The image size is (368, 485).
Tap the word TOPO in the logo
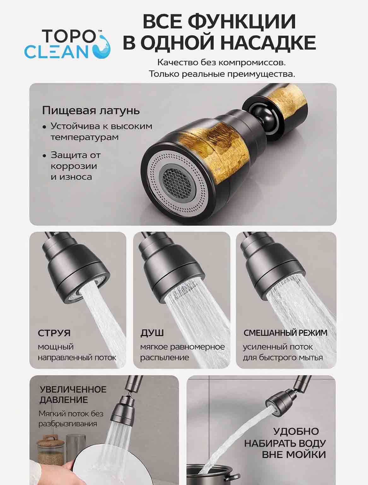[x=69, y=36]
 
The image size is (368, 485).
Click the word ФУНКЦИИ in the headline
[x=242, y=21]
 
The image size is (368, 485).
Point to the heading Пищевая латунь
[x=91, y=111]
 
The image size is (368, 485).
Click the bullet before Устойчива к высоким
[x=44, y=127]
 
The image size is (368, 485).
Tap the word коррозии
[x=74, y=166]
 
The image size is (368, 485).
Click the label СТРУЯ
[x=54, y=333]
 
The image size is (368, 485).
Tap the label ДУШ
[x=152, y=333]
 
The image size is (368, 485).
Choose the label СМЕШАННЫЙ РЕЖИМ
[x=285, y=333]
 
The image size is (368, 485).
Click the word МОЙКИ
[x=306, y=455]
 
